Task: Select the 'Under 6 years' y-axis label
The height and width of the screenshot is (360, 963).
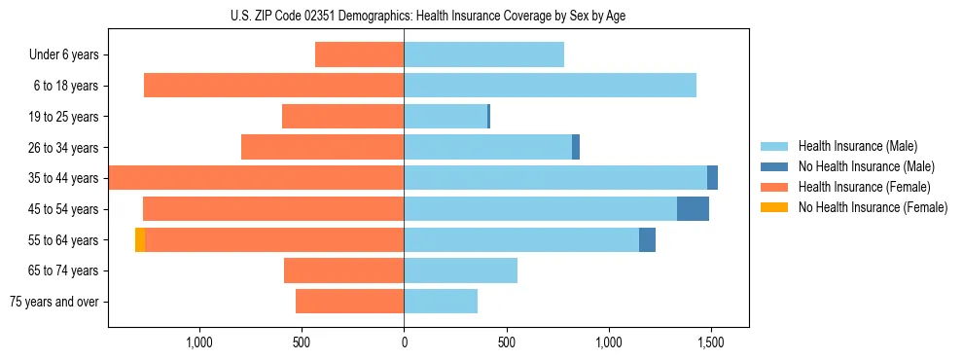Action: pyautogui.click(x=64, y=55)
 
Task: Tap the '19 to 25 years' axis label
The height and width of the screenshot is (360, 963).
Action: pyautogui.click(x=62, y=117)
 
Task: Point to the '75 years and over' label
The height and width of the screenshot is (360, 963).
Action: pyautogui.click(x=54, y=302)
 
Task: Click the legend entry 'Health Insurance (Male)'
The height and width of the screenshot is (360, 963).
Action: pyautogui.click(x=857, y=146)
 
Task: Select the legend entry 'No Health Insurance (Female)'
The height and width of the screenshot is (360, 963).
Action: pyautogui.click(x=873, y=207)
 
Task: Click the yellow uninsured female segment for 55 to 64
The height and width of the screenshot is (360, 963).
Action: pyautogui.click(x=140, y=240)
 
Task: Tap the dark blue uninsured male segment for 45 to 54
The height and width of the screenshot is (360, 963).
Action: pyautogui.click(x=693, y=209)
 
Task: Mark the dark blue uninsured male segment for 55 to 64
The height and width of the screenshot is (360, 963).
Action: pyautogui.click(x=647, y=240)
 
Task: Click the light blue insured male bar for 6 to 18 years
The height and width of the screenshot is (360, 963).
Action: pyautogui.click(x=550, y=86)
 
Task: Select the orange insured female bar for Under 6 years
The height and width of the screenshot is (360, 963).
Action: pyautogui.click(x=359, y=55)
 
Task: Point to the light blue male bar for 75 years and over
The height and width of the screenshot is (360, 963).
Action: pyautogui.click(x=441, y=302)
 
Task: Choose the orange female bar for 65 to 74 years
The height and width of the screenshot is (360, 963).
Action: pyautogui.click(x=343, y=270)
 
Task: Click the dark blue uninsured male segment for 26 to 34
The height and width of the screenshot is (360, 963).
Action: pyautogui.click(x=576, y=147)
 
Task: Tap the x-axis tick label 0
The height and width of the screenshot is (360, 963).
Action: pyautogui.click(x=404, y=342)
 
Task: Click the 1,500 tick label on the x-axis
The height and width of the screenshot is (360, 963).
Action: pyautogui.click(x=710, y=342)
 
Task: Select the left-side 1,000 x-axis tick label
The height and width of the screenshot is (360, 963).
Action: pyautogui.click(x=198, y=342)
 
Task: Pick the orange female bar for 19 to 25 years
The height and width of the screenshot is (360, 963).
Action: pyautogui.click(x=342, y=117)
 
